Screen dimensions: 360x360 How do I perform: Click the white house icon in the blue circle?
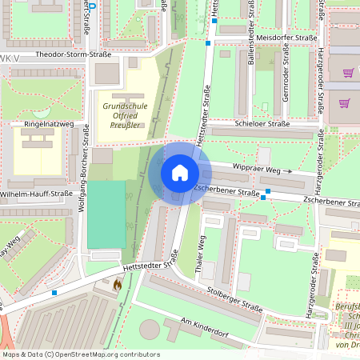click(x=179, y=173)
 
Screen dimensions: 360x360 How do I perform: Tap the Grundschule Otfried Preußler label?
click(x=124, y=115)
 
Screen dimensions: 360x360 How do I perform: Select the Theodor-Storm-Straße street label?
click(x=66, y=54)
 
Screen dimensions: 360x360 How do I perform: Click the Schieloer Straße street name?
click(x=262, y=124)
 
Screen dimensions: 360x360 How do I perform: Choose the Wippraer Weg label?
click(x=255, y=167)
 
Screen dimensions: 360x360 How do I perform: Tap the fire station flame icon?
click(x=118, y=283)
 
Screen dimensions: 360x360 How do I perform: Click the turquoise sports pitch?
click(x=106, y=214)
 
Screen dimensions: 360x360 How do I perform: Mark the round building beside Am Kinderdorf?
click(x=149, y=329)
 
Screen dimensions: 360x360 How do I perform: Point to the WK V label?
click(x=8, y=59)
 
